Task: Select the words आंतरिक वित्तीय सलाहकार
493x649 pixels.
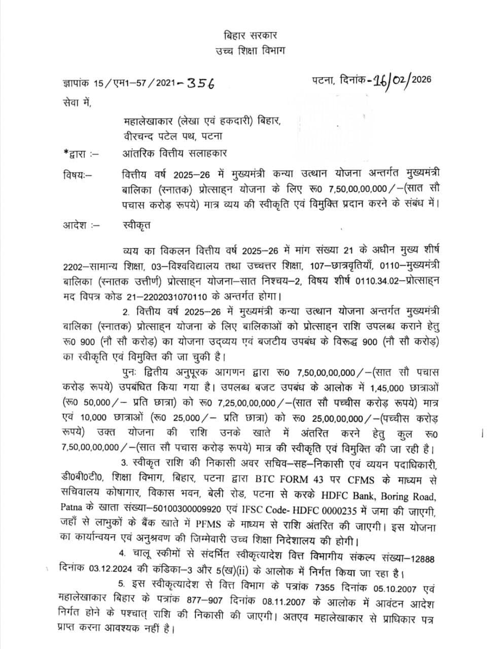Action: [175, 153]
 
